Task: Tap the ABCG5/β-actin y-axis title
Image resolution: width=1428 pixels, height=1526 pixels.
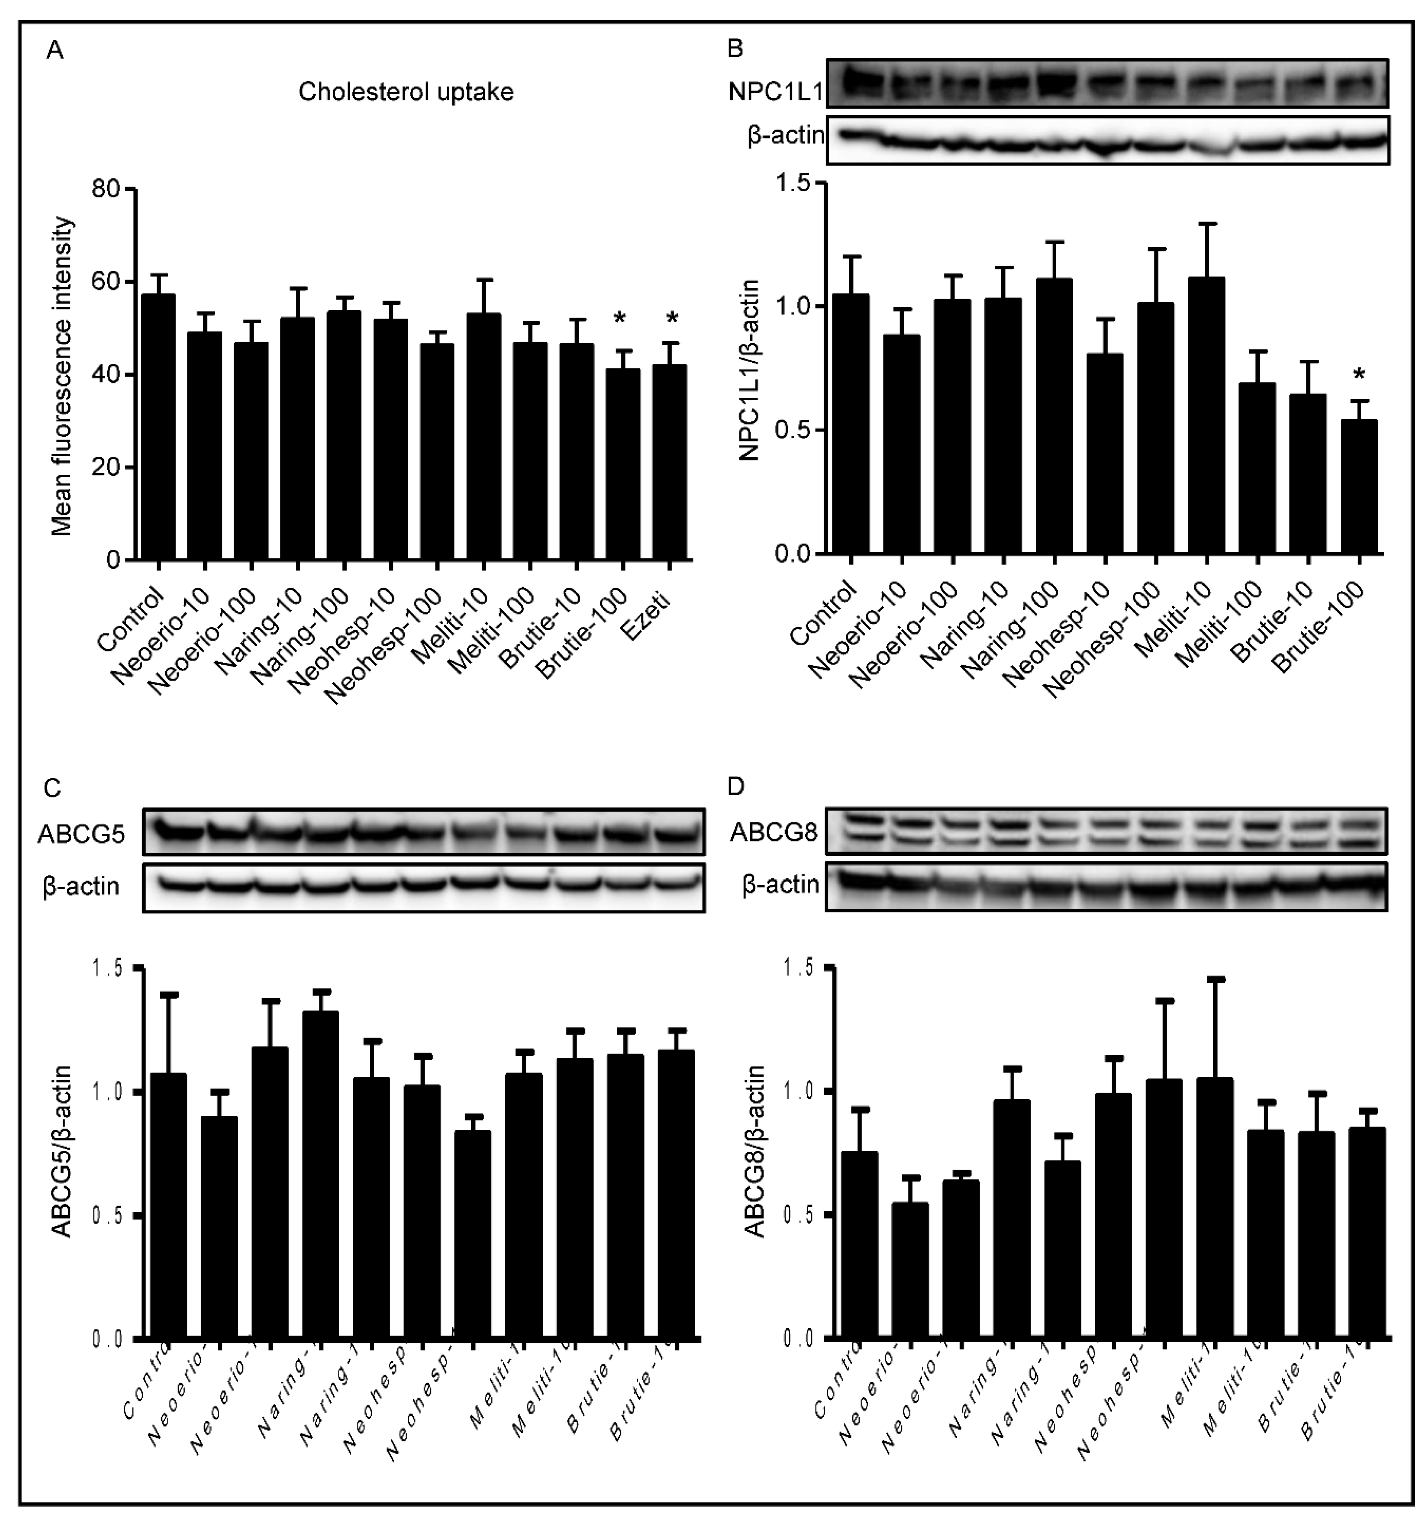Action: point(62,1151)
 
